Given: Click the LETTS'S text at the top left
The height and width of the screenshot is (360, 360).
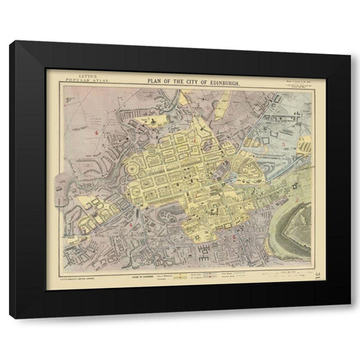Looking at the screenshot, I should click(x=77, y=74).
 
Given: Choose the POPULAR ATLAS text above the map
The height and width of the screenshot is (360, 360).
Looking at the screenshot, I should click(x=79, y=78).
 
